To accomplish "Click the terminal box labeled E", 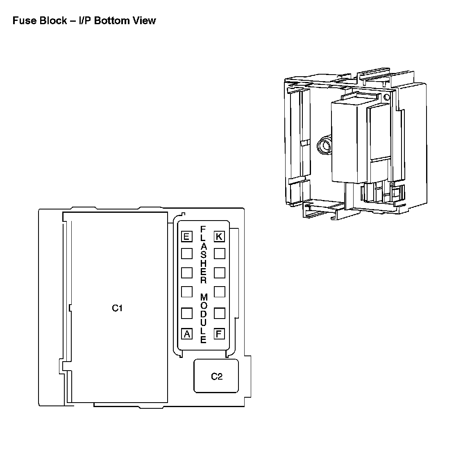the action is pos(186,237).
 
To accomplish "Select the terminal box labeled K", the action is pos(219,237).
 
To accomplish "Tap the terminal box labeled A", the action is pos(187,334).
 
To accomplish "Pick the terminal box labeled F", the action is pos(219,334).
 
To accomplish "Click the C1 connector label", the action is pos(117,308).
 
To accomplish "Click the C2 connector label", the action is pos(216,376).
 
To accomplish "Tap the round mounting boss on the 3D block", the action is pos(324,146).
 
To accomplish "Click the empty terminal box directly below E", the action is pos(186,253).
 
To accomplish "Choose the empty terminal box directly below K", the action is pos(219,253).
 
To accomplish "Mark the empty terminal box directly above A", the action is pos(186,313).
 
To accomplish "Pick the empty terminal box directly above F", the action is pos(219,313).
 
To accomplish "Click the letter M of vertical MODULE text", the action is pos(204,297).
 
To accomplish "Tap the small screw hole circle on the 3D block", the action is pos(387,97).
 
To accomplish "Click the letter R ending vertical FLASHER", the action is pos(203,281).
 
